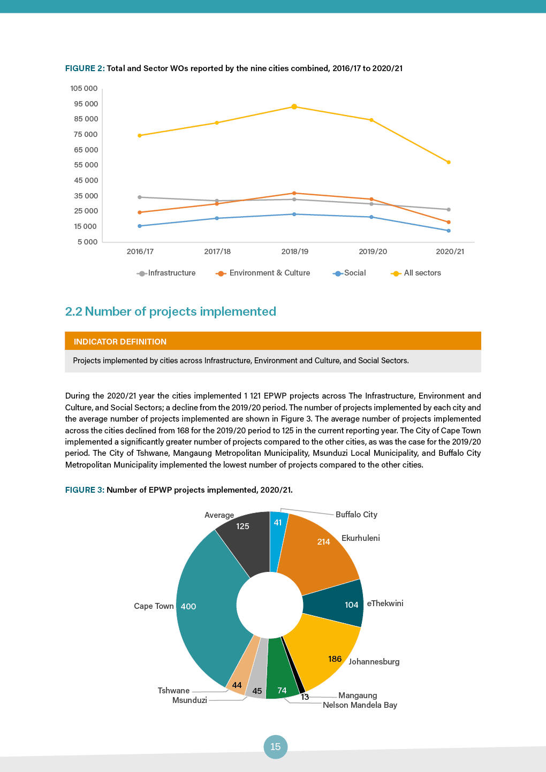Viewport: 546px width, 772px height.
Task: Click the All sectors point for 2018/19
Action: (294, 107)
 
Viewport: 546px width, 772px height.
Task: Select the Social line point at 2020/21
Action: (449, 231)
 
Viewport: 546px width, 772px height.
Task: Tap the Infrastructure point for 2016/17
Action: (140, 197)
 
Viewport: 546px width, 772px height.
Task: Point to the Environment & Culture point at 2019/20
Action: (371, 199)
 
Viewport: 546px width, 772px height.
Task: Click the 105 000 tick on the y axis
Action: (84, 88)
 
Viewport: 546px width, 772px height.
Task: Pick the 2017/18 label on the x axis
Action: (217, 251)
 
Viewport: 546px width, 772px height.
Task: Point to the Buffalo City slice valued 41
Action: (278, 540)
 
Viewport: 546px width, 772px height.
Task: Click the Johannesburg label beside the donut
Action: (374, 662)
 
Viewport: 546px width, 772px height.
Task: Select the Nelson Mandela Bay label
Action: (360, 705)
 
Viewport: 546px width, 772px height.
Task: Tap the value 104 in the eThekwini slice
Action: (351, 605)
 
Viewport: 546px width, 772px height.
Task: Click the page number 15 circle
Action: (275, 747)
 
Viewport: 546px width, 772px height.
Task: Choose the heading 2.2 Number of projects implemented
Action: (170, 311)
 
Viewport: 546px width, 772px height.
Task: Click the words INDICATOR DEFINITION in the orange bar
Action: (120, 341)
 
